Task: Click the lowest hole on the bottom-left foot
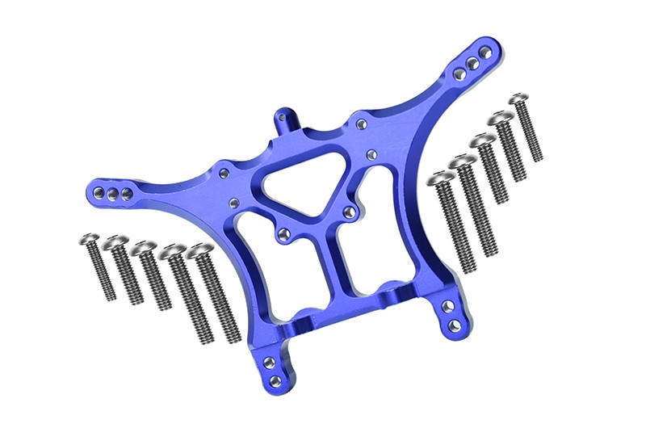pos(275,379)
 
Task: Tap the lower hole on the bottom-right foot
pos(455,325)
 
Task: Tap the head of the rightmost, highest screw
pos(518,102)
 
